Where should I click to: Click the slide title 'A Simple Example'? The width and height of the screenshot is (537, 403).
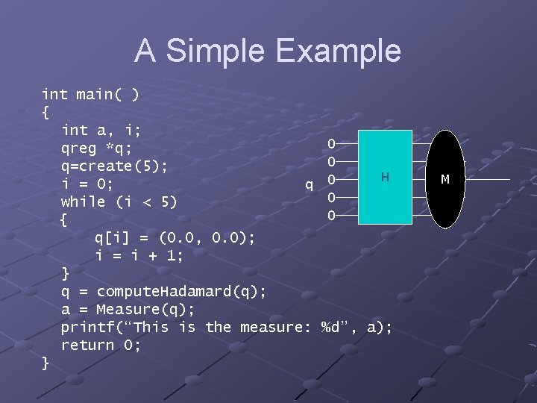click(268, 51)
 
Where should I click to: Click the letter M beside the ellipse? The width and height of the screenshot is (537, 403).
click(445, 179)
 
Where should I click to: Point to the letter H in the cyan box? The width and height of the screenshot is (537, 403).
click(385, 177)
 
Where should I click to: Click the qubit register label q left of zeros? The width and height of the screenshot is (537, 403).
click(309, 184)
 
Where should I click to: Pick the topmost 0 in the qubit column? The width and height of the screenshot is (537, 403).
click(332, 143)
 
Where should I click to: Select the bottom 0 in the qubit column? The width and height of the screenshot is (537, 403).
click(332, 216)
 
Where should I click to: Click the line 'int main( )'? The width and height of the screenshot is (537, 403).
click(89, 94)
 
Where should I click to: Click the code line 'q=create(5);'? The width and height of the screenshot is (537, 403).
click(114, 166)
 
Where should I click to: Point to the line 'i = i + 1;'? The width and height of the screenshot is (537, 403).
click(139, 255)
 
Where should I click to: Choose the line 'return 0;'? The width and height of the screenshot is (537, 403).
click(101, 345)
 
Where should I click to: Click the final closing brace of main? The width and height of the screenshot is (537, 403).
click(45, 363)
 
